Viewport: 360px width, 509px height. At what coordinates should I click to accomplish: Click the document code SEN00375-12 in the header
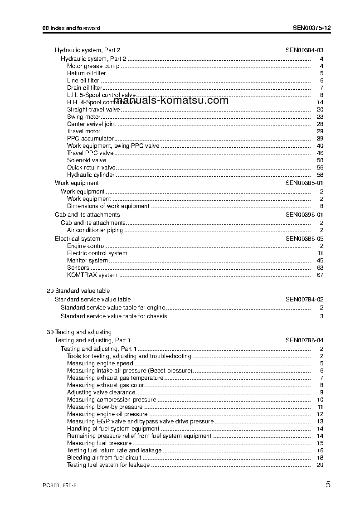click(311, 28)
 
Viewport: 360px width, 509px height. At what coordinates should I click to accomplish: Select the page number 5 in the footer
click(328, 485)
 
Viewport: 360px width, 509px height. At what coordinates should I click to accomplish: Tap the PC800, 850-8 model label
click(59, 485)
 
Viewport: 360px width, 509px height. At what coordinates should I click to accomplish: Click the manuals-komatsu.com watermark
click(171, 101)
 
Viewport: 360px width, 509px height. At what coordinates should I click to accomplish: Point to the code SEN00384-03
click(304, 50)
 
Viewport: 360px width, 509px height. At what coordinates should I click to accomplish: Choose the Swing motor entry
click(84, 117)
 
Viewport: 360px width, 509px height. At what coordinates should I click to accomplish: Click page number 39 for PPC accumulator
click(320, 139)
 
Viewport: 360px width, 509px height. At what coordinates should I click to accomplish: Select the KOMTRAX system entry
click(92, 275)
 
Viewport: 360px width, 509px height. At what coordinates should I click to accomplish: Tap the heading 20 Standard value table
click(78, 291)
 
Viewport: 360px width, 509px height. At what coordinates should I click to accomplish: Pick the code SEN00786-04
click(304, 340)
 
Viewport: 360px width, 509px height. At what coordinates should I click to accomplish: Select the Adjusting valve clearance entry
click(101, 393)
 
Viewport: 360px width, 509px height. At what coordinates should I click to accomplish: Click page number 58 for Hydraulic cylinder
click(320, 175)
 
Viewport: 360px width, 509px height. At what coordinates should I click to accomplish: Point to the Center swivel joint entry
click(91, 124)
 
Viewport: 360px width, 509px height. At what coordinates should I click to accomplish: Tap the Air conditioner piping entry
click(95, 230)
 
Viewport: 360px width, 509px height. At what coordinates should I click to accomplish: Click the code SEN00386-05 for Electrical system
click(304, 239)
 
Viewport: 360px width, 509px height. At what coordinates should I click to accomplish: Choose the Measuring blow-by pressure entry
click(98, 407)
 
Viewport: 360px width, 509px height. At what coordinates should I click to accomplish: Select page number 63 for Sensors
click(320, 268)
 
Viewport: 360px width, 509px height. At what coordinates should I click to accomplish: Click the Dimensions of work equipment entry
click(108, 206)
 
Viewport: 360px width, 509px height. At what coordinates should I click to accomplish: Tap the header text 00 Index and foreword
click(72, 28)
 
